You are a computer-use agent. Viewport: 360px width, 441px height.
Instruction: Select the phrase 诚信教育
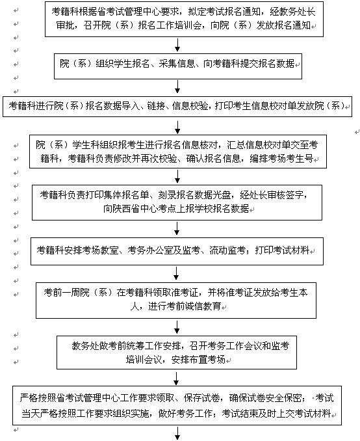click(x=203, y=306)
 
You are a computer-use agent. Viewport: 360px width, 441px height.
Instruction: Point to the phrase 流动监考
click(x=227, y=250)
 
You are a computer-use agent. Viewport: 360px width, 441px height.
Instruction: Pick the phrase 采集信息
click(x=177, y=64)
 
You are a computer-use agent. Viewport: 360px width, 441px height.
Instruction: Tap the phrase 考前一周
click(x=62, y=293)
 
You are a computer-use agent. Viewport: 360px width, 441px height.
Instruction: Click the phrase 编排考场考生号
click(x=281, y=159)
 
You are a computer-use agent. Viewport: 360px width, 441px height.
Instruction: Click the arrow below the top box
click(x=177, y=44)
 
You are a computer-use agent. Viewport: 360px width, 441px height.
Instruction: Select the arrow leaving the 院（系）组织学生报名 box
click(x=177, y=87)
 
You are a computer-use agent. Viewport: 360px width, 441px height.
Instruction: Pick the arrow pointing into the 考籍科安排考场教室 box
click(x=177, y=228)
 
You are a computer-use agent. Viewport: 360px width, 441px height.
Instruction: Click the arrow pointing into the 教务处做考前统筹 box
click(x=177, y=327)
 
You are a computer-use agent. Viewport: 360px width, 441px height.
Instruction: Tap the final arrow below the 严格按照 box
click(x=177, y=433)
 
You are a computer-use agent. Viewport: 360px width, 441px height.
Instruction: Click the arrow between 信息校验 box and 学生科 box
click(x=177, y=127)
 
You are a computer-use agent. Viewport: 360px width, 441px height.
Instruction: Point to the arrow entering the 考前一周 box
click(x=176, y=273)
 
